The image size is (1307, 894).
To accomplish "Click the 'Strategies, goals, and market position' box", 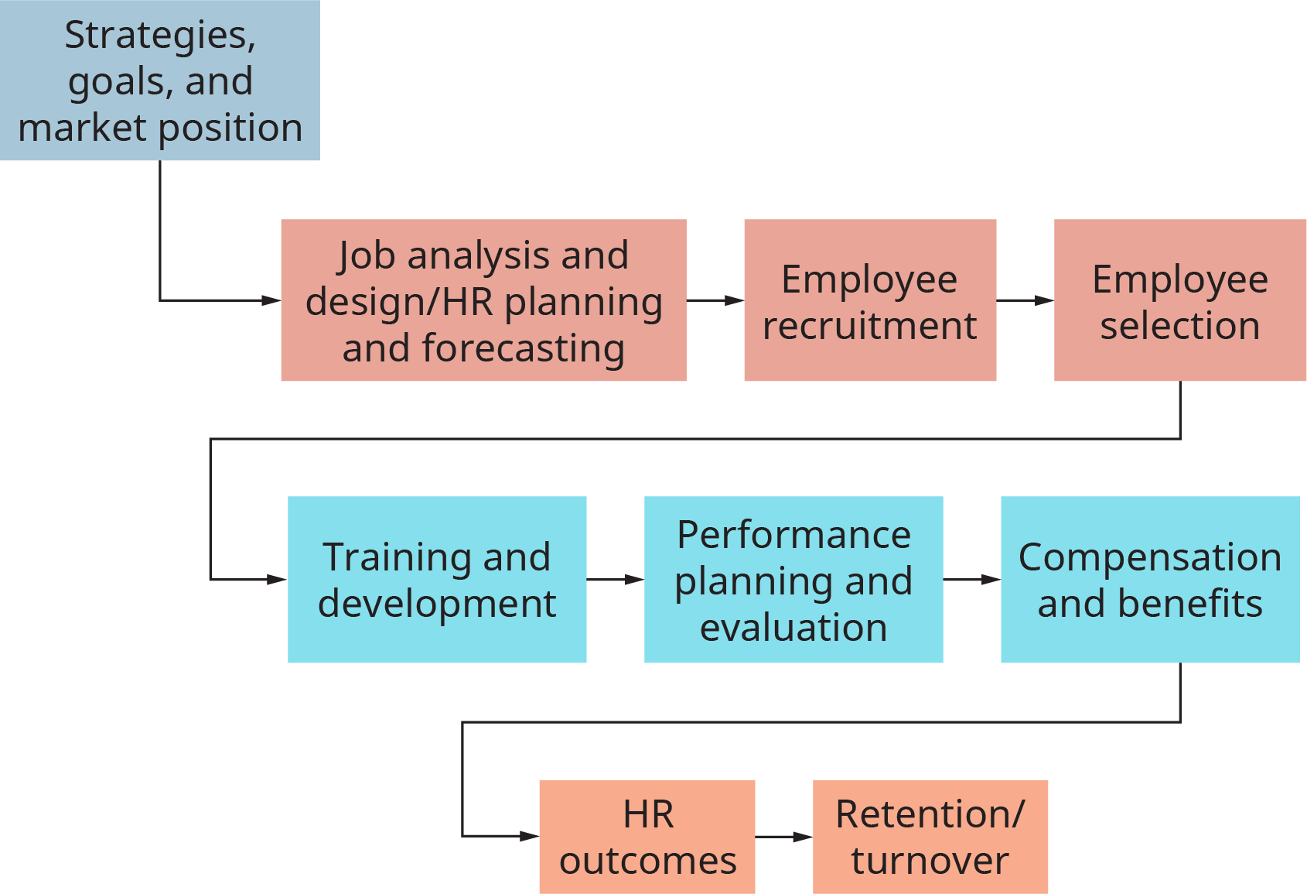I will (159, 80).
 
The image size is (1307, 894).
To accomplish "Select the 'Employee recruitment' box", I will (870, 300).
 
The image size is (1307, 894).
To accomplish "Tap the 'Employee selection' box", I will (1180, 300).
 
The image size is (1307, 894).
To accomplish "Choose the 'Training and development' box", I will (437, 580).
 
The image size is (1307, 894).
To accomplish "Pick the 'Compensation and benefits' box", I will (1150, 580).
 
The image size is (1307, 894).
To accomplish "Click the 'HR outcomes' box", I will (647, 837).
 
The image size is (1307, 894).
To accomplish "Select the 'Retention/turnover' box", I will (930, 837).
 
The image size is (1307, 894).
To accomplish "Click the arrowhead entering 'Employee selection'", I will (1045, 300).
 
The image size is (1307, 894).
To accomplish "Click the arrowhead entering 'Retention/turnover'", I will (804, 837).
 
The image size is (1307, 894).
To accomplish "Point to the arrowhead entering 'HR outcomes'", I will (530, 837).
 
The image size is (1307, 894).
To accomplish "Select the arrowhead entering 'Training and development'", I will (278, 580).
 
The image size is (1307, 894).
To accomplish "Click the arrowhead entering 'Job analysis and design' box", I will (271, 300).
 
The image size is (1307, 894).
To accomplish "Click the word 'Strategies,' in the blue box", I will (159, 36).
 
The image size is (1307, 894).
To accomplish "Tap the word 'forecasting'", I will (524, 348).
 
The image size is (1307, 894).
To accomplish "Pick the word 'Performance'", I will (793, 535).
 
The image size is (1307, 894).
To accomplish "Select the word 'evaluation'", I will (793, 627).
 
